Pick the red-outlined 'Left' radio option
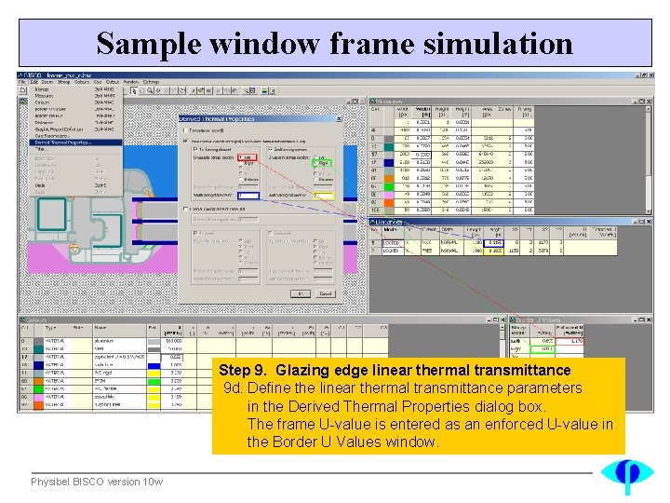click(248, 158)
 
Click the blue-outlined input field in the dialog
click(248, 196)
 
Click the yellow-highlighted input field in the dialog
click(323, 196)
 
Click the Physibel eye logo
click(625, 475)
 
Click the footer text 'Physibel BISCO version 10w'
click(97, 482)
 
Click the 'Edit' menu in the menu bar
click(33, 82)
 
